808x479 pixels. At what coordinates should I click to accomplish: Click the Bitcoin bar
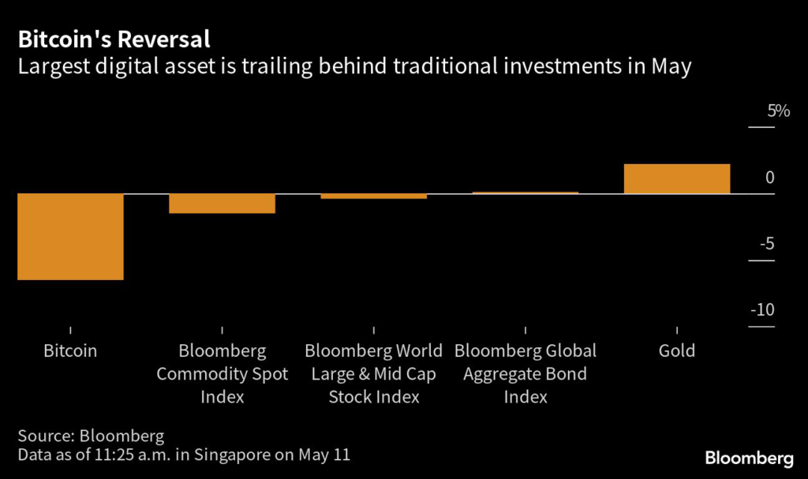pyautogui.click(x=70, y=236)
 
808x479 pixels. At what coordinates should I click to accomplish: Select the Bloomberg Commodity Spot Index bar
pyautogui.click(x=222, y=203)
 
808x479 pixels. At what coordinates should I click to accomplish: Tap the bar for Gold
pyautogui.click(x=676, y=178)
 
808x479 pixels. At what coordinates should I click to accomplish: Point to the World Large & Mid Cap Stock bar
pyautogui.click(x=373, y=196)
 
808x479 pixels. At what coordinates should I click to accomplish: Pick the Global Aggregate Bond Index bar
pyautogui.click(x=525, y=193)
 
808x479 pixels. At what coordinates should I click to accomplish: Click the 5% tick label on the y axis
pyautogui.click(x=779, y=111)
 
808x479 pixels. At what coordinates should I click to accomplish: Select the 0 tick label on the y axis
pyautogui.click(x=769, y=178)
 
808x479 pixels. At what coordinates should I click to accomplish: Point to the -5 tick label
pyautogui.click(x=766, y=244)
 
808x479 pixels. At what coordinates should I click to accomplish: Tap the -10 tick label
pyautogui.click(x=762, y=310)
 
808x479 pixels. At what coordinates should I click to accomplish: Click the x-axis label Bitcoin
pyautogui.click(x=70, y=350)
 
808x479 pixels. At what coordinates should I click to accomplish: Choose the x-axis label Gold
pyautogui.click(x=677, y=350)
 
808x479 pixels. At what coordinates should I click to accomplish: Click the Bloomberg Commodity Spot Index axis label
pyautogui.click(x=222, y=373)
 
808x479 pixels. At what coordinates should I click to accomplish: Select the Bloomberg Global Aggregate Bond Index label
pyautogui.click(x=526, y=373)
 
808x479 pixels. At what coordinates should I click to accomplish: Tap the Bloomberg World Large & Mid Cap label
pyautogui.click(x=373, y=362)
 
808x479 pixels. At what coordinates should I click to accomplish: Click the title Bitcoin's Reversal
pyautogui.click(x=114, y=39)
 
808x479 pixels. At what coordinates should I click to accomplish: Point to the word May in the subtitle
pyautogui.click(x=671, y=67)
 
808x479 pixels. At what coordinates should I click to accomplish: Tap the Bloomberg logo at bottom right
pyautogui.click(x=748, y=457)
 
